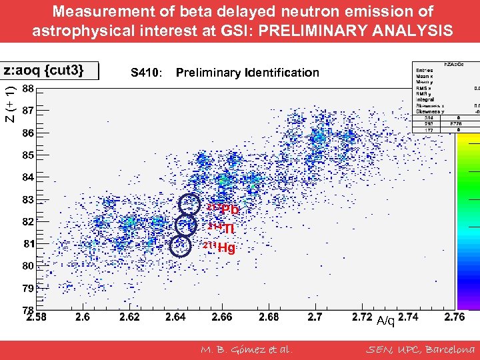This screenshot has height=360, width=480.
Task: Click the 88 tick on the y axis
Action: point(28,89)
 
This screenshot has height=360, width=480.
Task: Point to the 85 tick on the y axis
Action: point(28,155)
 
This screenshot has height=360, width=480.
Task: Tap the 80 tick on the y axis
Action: point(28,266)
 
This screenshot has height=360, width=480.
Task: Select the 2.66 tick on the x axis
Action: point(222,317)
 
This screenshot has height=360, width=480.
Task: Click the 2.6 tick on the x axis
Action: point(83,317)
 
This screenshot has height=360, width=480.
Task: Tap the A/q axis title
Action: point(385,321)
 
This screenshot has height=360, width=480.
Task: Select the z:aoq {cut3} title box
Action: point(50,71)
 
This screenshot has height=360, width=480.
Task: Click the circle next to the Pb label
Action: point(190,203)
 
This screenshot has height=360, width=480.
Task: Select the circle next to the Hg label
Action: point(180,247)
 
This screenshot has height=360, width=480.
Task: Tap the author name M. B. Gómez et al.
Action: point(246,349)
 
